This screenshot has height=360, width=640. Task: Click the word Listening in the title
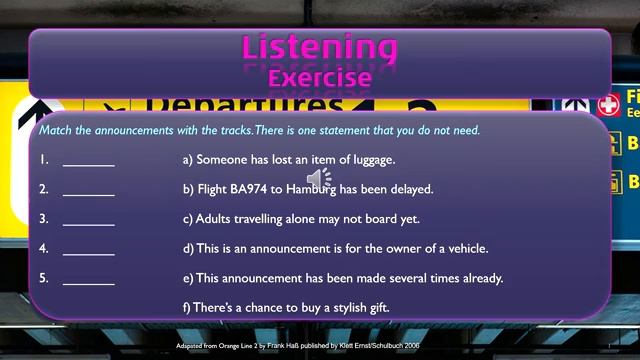coord(320,46)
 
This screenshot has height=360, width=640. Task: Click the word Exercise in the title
coord(320,76)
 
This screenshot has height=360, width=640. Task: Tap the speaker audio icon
coord(318,179)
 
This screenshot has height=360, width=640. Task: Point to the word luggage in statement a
coord(372,159)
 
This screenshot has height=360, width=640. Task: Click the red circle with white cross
coord(607,104)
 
